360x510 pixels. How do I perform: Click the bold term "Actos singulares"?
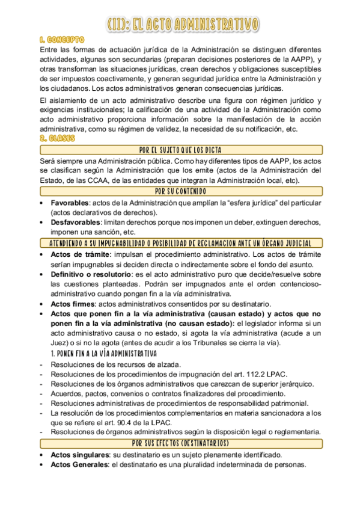[79, 455]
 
